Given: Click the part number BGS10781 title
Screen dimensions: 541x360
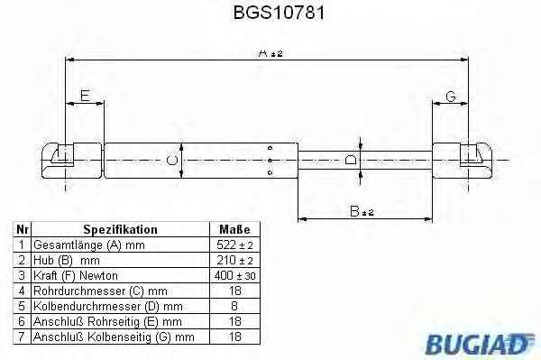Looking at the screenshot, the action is [x=279, y=13].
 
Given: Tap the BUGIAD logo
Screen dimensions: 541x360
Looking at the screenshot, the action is [x=480, y=344].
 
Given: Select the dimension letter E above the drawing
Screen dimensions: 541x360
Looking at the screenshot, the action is [x=85, y=96].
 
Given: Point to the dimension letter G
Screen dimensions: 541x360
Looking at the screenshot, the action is [x=451, y=97].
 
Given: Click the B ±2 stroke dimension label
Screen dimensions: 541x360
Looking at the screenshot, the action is [x=362, y=211].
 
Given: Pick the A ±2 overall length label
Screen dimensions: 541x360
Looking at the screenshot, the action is [x=270, y=53].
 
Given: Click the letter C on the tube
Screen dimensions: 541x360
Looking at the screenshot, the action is [x=172, y=161].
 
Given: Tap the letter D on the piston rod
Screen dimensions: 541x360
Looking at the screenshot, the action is [x=351, y=161].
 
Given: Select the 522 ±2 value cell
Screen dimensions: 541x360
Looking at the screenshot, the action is [x=234, y=245].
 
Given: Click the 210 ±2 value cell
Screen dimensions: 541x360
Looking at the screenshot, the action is [x=234, y=260].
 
